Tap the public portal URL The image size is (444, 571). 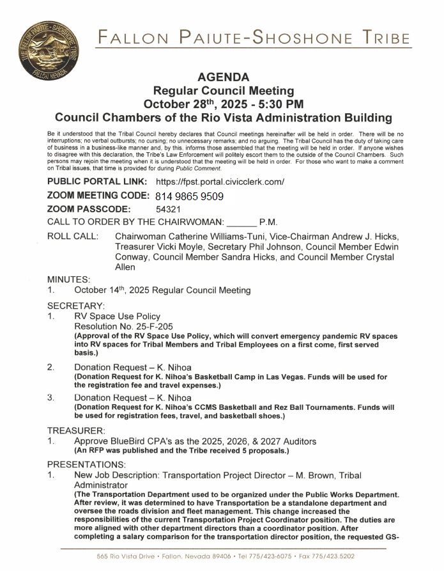click(220, 182)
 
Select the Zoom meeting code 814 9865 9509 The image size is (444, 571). click(189, 196)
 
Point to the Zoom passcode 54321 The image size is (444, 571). click(168, 209)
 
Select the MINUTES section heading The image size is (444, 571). click(68, 279)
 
